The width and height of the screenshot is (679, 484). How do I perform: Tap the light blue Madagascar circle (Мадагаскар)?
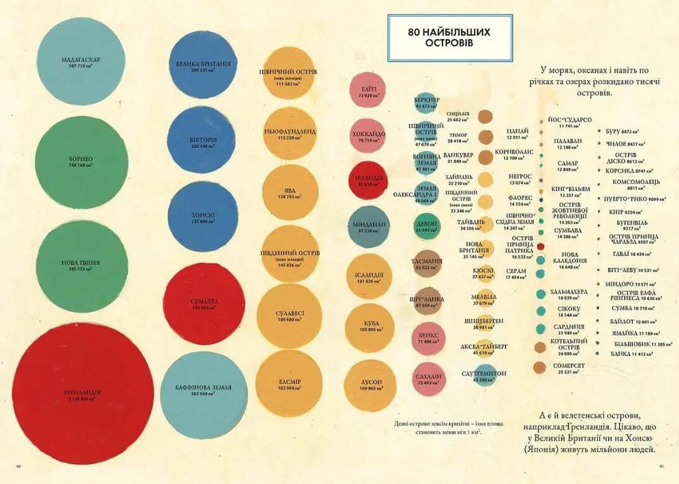[x=81, y=62]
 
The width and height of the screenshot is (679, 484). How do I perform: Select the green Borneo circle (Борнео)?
[x=81, y=162]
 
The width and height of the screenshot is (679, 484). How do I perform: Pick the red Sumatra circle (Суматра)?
[x=204, y=304]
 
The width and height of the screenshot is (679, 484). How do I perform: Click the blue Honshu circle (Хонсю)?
[x=203, y=217]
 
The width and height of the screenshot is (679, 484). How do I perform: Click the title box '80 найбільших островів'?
[x=450, y=39]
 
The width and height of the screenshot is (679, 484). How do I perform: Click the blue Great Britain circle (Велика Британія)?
[x=203, y=66]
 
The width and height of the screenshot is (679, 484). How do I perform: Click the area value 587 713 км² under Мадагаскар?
[x=81, y=65]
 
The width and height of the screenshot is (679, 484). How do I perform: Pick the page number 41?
[x=662, y=466]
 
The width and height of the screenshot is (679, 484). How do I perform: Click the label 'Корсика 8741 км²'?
[x=628, y=170]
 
